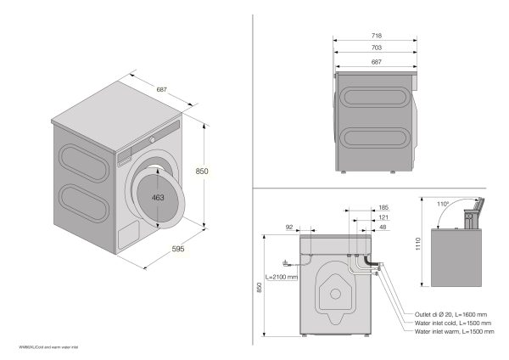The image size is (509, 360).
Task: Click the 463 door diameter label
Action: (x=157, y=198)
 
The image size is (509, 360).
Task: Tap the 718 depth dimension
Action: (x=377, y=36)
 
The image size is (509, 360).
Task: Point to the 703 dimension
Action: (x=377, y=49)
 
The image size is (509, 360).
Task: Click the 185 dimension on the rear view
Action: (x=383, y=207)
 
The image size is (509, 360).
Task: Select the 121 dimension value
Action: (x=383, y=217)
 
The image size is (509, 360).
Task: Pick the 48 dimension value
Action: (x=383, y=228)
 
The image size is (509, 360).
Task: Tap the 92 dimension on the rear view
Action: (x=288, y=228)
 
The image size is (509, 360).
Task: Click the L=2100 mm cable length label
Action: (x=281, y=277)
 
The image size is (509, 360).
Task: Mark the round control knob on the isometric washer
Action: (x=153, y=138)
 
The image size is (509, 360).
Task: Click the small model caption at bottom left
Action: (x=42, y=347)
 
